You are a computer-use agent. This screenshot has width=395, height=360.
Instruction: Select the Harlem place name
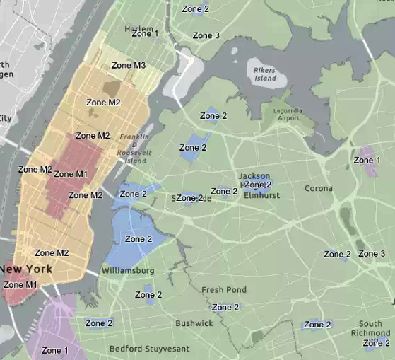click(119, 29)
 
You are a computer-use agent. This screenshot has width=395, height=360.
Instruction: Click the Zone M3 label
click(129, 66)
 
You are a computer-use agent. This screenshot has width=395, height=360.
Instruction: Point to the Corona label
click(318, 189)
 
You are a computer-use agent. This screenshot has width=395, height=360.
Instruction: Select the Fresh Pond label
click(224, 290)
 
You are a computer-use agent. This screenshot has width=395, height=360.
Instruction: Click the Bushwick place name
click(194, 323)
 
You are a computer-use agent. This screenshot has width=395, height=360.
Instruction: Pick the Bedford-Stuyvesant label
click(146, 349)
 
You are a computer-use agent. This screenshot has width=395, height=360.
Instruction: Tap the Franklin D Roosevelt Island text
click(133, 149)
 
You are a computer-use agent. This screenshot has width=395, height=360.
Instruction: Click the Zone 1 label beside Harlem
click(145, 33)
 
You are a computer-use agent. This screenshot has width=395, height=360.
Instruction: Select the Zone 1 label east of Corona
click(367, 161)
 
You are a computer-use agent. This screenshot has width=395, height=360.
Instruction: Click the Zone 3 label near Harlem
click(206, 35)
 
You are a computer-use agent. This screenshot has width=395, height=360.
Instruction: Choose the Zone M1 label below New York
click(20, 285)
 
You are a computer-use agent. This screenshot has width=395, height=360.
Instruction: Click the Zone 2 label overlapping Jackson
click(258, 185)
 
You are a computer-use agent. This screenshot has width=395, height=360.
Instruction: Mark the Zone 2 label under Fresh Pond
click(226, 307)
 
